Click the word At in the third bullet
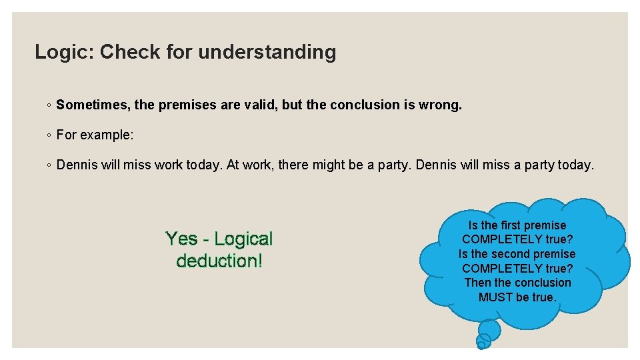tap(233, 165)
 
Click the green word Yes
tap(181, 239)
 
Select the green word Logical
tap(243, 239)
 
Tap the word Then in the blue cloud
tap(478, 283)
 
